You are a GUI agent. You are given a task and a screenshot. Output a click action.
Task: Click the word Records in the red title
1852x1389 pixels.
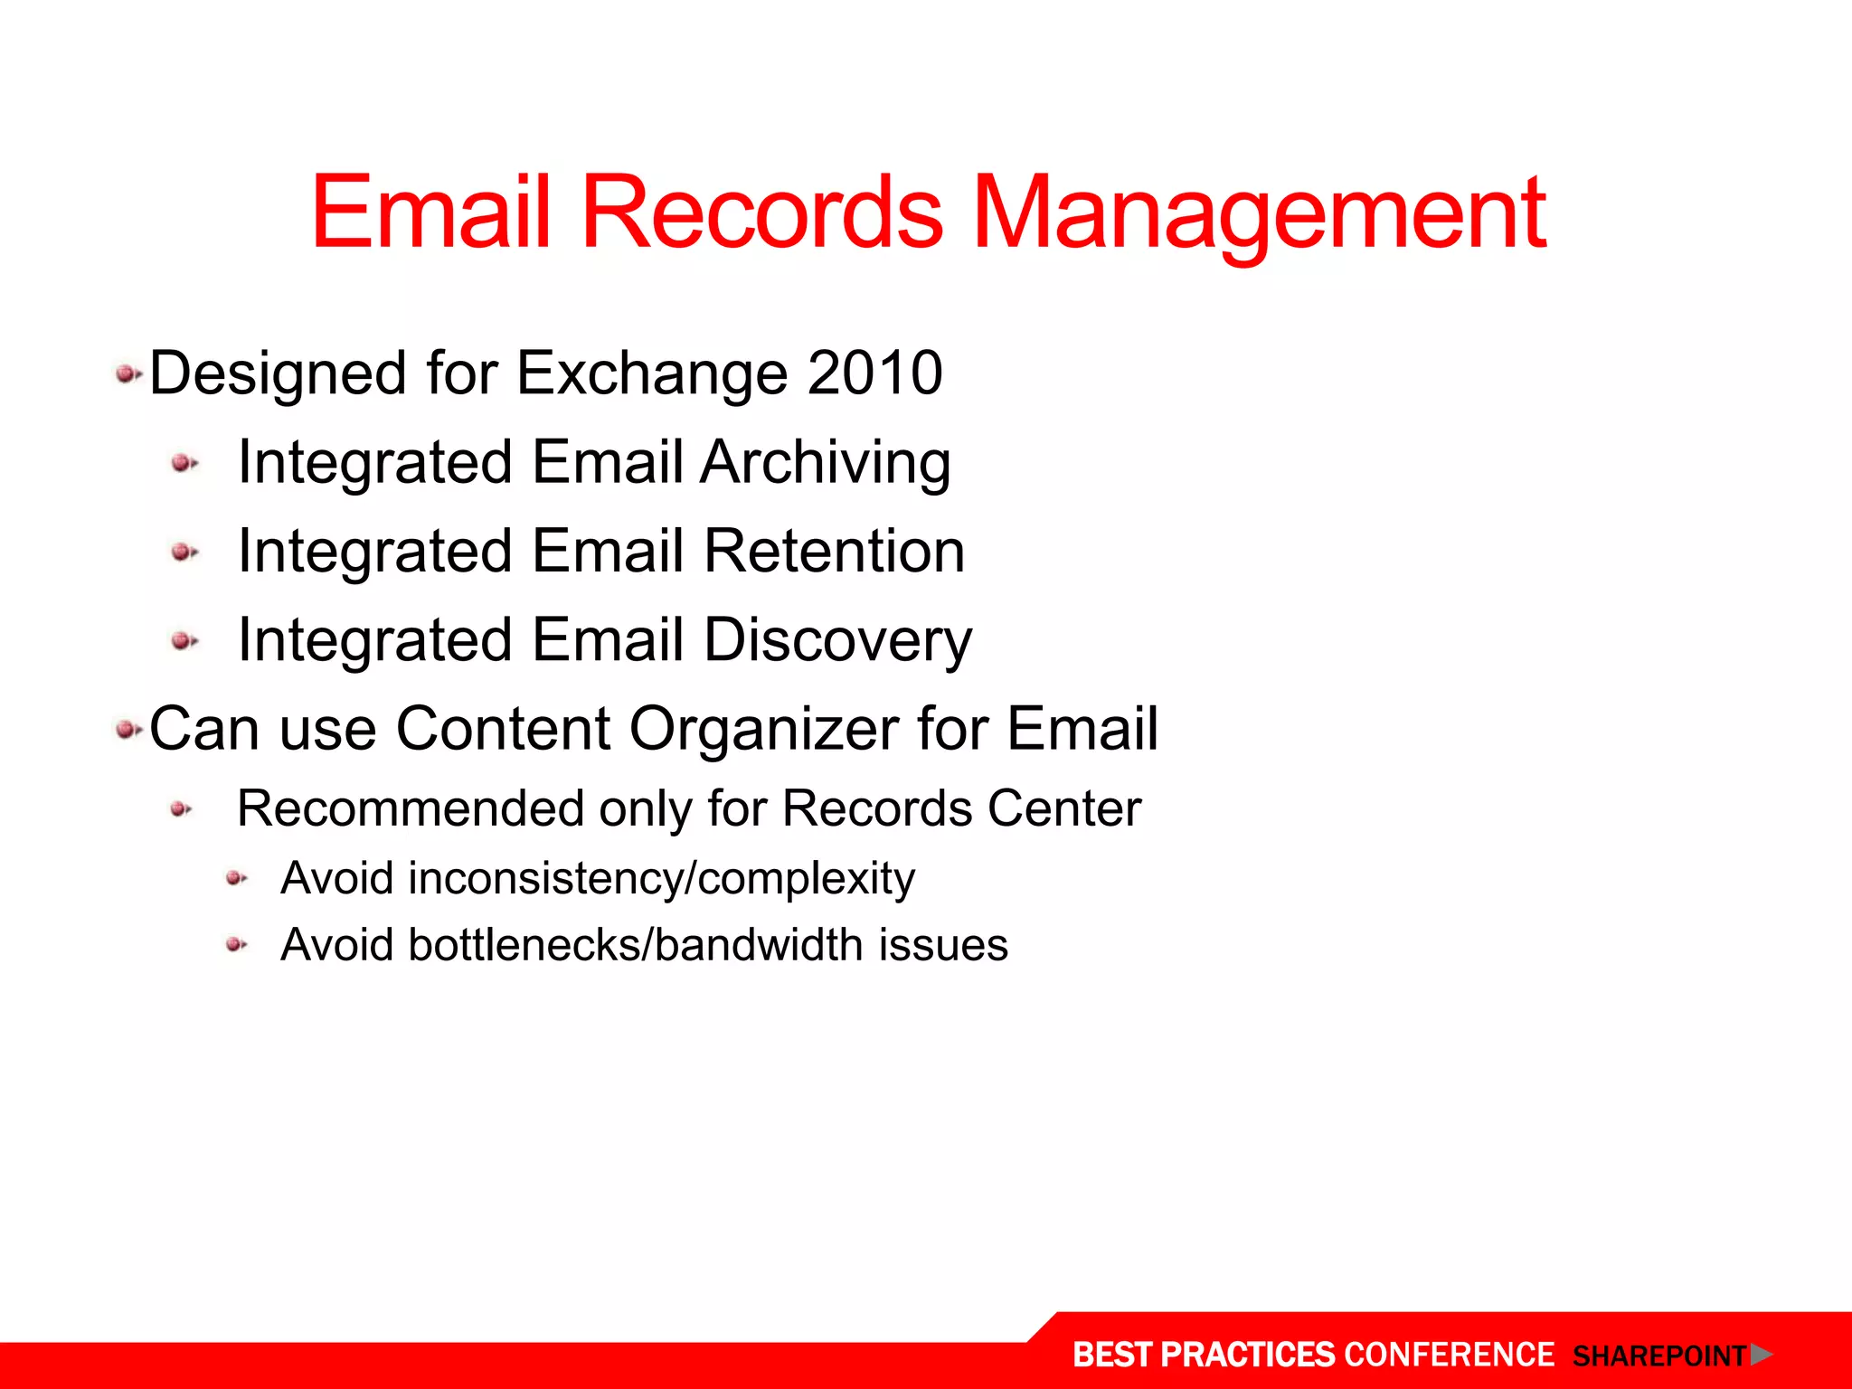(761, 213)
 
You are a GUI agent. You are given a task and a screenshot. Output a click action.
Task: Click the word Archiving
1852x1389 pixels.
(825, 463)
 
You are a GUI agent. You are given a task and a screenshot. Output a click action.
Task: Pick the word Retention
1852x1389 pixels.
(834, 551)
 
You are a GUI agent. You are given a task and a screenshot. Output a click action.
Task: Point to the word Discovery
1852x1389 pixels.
(837, 640)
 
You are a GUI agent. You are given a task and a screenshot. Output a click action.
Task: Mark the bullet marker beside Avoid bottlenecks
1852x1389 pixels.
(236, 945)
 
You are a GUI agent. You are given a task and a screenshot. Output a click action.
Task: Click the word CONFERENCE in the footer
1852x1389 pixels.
(1449, 1355)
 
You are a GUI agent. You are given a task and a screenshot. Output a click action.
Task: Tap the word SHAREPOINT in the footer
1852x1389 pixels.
(1658, 1356)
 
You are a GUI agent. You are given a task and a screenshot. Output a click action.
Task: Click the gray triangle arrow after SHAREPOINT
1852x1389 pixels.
(1760, 1354)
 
